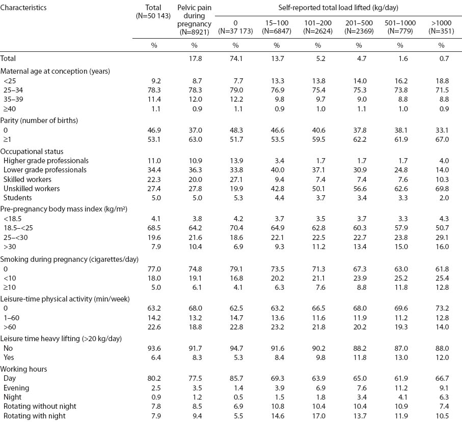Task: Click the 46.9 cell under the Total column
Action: (x=153, y=130)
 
